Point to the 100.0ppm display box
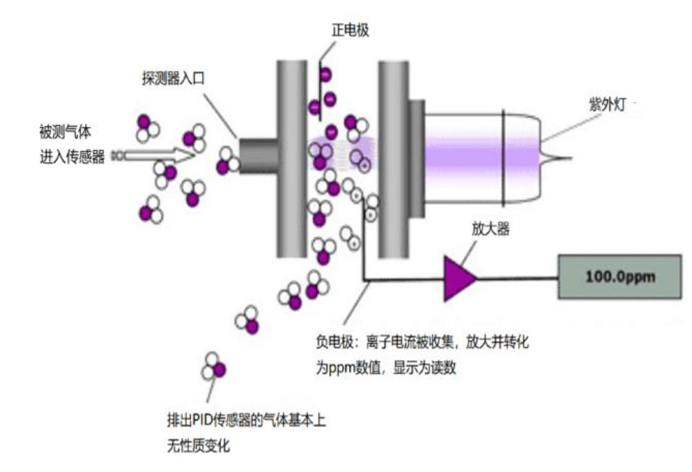pyautogui.click(x=620, y=277)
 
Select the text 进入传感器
pyautogui.click(x=72, y=157)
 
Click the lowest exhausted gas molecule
pyautogui.click(x=214, y=366)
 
